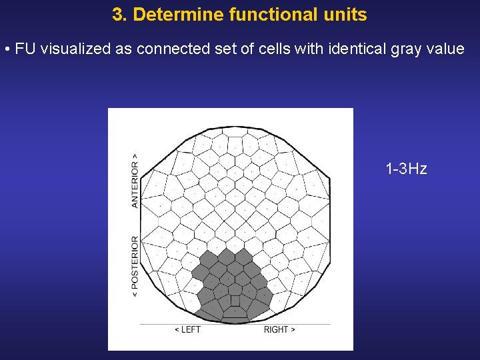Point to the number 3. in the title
tap(120, 15)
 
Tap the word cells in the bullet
tap(271, 49)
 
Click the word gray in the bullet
tap(409, 49)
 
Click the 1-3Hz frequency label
tap(406, 169)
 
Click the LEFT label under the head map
tap(187, 329)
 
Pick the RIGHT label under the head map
tap(279, 329)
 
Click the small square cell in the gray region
tap(235, 301)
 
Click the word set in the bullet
tap(221, 49)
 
